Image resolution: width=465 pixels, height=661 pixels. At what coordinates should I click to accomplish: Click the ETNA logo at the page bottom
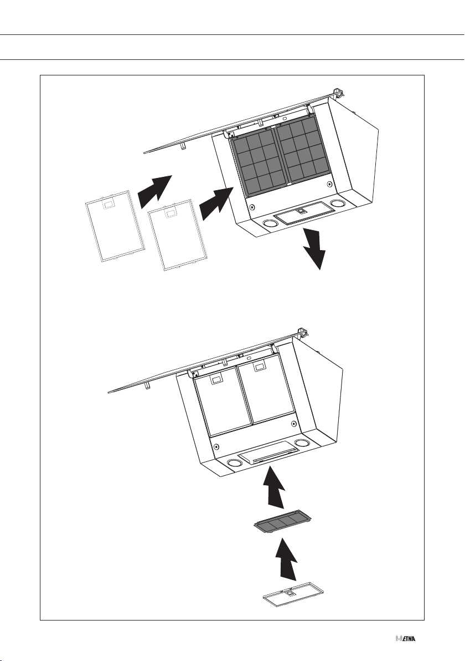406,639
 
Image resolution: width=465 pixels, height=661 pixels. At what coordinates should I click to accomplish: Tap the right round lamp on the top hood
338,204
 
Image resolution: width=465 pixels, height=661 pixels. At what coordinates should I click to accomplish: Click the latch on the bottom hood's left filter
216,379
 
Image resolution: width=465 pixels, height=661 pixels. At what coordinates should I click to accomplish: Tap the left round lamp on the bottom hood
234,463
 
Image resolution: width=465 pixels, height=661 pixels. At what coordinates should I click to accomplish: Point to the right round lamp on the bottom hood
302,444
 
